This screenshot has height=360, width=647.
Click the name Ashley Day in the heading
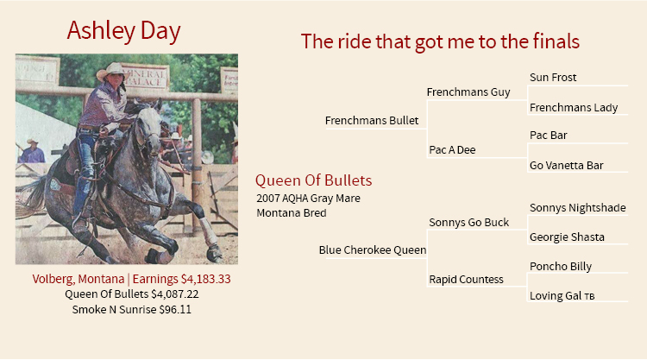coord(123,31)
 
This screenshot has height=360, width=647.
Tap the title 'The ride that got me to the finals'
coord(440,41)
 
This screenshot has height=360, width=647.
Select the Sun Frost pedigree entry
coord(553,78)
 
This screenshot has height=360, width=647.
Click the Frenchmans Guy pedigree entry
coord(468,92)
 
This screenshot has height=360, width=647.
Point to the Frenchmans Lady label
coord(574,108)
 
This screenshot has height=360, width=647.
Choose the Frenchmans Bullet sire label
coord(372,121)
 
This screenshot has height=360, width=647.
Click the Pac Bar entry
coord(549,136)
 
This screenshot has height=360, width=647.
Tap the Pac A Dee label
coord(452,150)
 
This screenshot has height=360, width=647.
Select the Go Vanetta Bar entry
coord(567,166)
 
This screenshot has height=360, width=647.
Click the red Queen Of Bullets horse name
coord(314,180)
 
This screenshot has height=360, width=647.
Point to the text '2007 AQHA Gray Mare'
coord(308,199)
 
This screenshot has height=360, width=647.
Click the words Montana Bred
coord(292,213)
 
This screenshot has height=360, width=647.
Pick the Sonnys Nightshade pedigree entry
coord(578,208)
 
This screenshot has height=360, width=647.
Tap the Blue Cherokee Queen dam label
coord(373,250)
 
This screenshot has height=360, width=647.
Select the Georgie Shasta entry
coord(567,237)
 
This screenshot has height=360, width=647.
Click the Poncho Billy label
coord(561,267)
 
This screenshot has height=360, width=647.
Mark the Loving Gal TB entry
coord(562,296)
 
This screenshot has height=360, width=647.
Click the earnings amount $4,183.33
coord(206,280)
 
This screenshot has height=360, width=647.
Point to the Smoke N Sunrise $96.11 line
coord(132,310)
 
